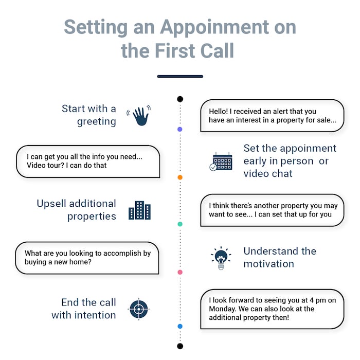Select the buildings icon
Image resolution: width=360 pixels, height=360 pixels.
coord(139,210)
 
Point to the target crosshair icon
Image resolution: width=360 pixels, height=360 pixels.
coord(139,309)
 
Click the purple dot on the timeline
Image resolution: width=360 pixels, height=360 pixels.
coord(179,129)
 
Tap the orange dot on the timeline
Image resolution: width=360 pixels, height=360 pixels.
coord(179,177)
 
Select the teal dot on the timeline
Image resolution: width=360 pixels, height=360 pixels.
coord(179,224)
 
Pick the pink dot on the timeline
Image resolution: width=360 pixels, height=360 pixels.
coord(179,272)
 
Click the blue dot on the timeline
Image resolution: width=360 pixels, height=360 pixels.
coord(179,326)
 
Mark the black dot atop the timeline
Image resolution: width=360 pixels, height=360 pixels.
coord(179,99)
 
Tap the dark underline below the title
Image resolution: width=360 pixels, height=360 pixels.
coord(180,76)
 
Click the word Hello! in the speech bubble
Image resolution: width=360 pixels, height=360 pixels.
coord(219,111)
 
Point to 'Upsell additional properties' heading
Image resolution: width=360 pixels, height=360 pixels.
coord(76,210)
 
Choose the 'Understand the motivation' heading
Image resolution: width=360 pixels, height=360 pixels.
coord(280,257)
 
